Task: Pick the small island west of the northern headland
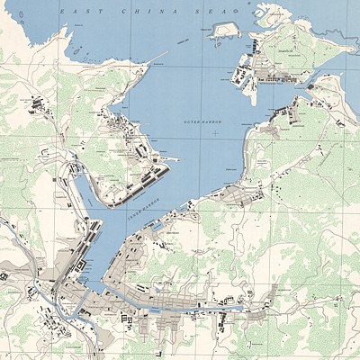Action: coord(224,30)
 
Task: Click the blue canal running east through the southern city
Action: coord(180,306)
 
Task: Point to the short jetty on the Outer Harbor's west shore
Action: coord(171,160)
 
